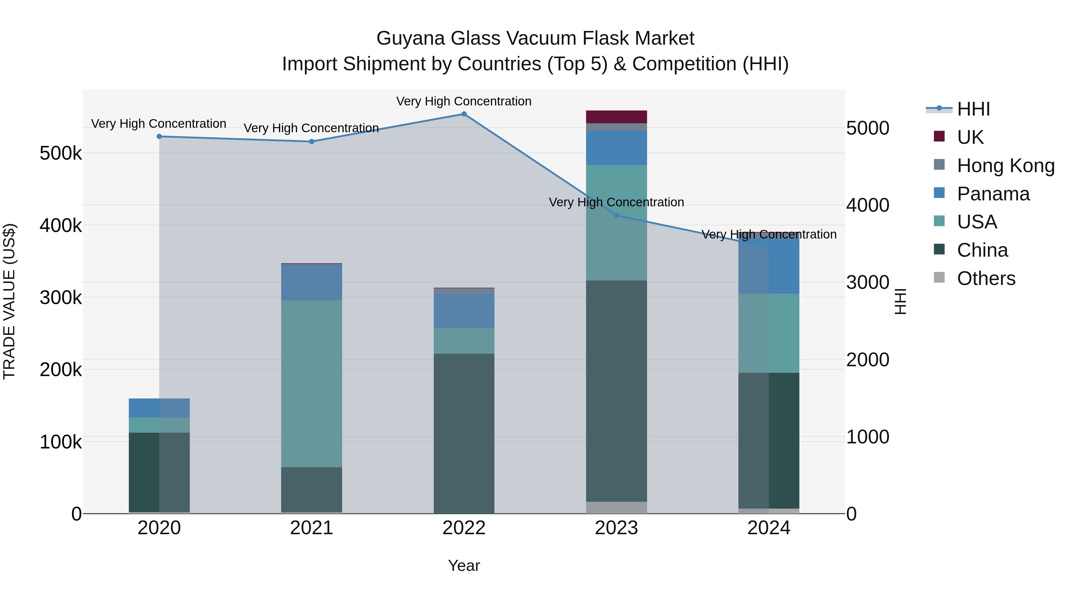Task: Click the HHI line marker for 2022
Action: tap(464, 114)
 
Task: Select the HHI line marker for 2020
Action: tap(159, 136)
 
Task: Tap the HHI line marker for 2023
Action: tap(617, 216)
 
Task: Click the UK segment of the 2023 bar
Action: tap(617, 117)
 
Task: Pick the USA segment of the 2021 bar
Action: tap(311, 384)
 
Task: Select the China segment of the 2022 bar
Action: tap(464, 433)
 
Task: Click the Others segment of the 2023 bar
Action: tap(617, 507)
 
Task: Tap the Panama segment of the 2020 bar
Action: tap(159, 408)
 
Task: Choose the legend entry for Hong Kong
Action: tap(1005, 166)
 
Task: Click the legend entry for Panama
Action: tap(993, 194)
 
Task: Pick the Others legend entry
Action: tap(986, 278)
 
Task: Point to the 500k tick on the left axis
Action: tap(61, 154)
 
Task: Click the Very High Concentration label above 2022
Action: tap(464, 102)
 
